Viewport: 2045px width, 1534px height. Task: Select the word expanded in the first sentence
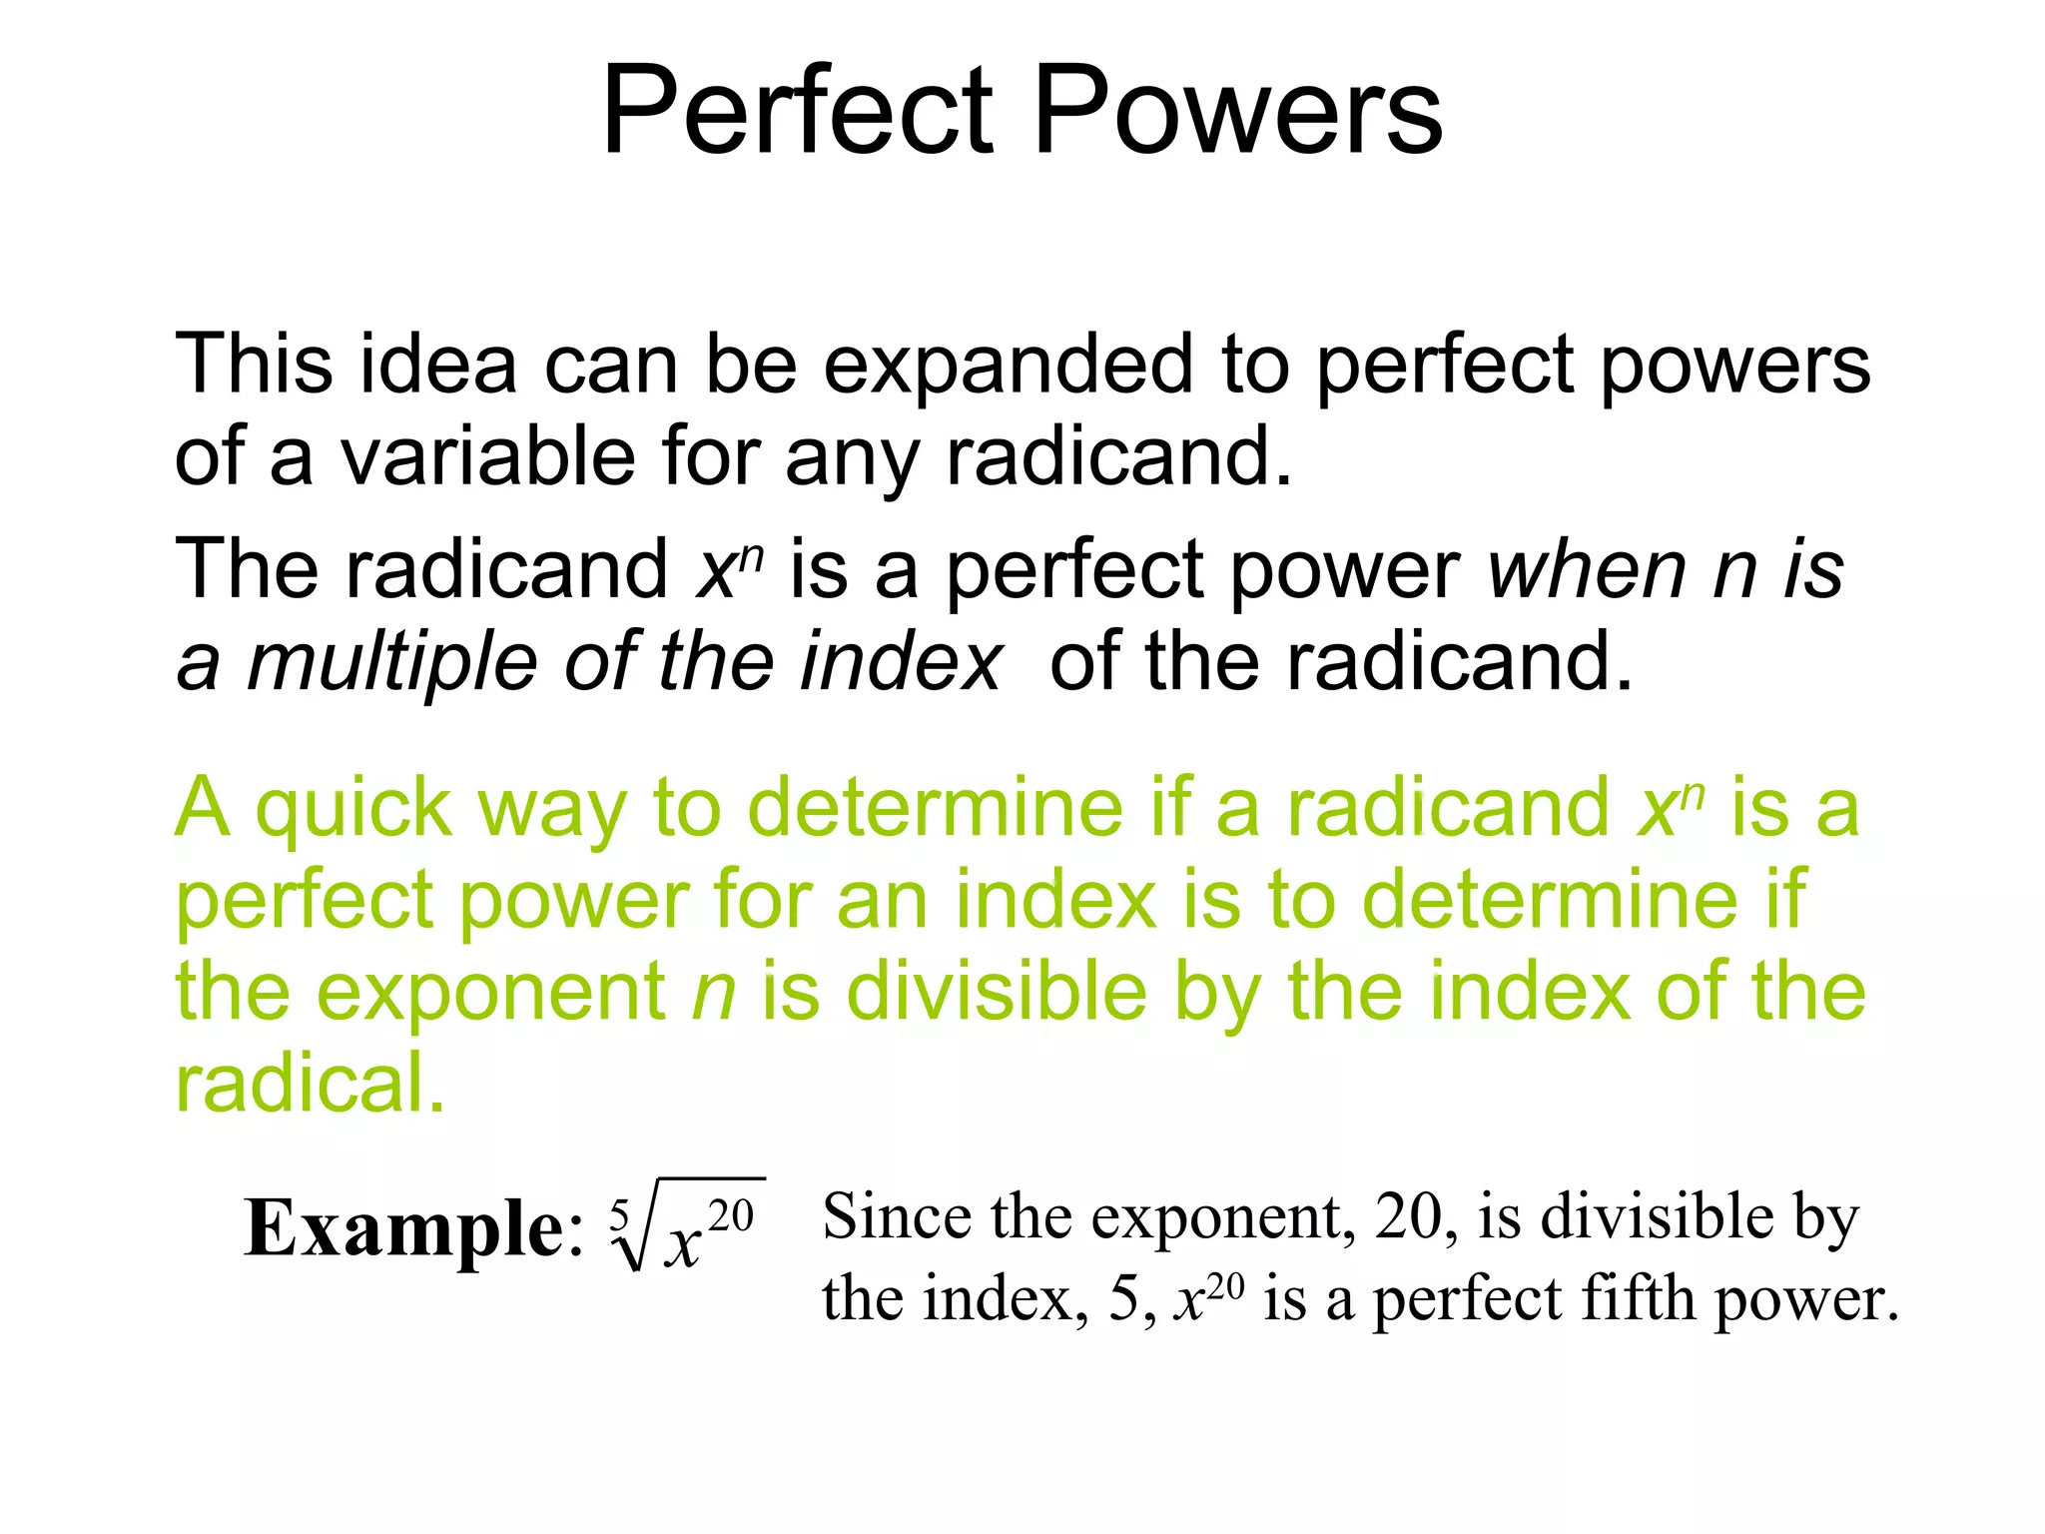coord(1008,365)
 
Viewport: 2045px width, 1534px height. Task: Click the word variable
coord(488,456)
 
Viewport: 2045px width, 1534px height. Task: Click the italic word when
coord(1587,569)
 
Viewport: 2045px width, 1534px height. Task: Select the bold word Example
coord(404,1228)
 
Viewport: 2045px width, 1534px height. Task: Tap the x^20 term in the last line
coord(1208,1298)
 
